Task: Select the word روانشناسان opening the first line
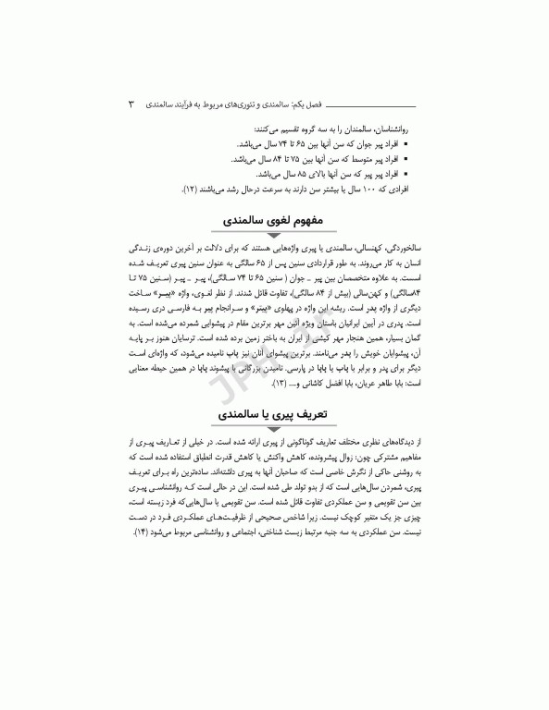(x=395, y=131)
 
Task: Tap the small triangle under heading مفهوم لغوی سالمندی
(x=275, y=237)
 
